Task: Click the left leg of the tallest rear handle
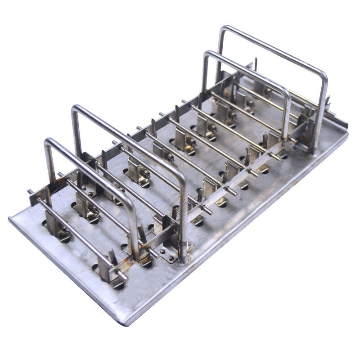coord(220,54)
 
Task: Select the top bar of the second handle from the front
coord(130,139)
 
